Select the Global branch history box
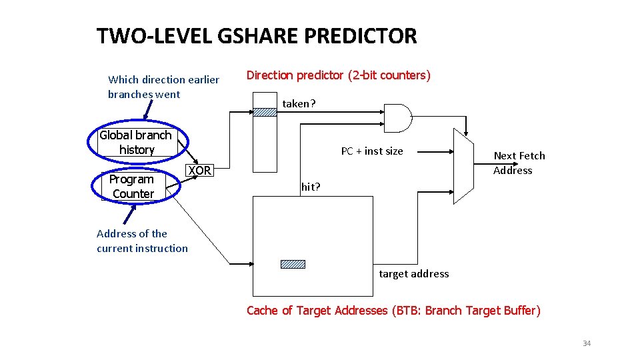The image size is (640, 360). (x=136, y=143)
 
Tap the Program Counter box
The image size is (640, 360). (x=132, y=187)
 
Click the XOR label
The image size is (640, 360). (x=199, y=171)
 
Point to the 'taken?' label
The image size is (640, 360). (x=299, y=104)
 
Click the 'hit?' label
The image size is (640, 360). (x=311, y=187)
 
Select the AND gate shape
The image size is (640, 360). (x=398, y=119)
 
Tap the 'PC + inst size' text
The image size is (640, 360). (x=372, y=151)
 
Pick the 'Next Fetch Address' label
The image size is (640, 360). (x=519, y=163)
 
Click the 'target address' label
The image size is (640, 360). (x=413, y=274)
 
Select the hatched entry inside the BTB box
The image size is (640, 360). (x=293, y=264)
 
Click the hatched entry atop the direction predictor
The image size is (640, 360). (x=264, y=112)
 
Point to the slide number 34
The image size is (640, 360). (x=587, y=343)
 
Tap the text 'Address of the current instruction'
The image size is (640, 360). (x=142, y=241)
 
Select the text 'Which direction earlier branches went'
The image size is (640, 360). (x=163, y=87)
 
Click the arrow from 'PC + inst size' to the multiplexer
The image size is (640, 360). (x=429, y=152)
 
